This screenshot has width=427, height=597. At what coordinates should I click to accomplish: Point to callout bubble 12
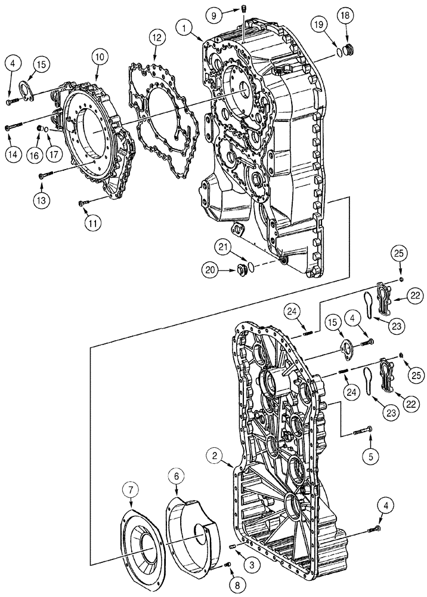click(156, 38)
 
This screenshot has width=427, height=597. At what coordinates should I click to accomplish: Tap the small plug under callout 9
click(245, 8)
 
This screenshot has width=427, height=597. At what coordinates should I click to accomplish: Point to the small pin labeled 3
click(232, 546)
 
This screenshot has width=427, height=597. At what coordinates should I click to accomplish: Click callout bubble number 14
click(13, 153)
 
